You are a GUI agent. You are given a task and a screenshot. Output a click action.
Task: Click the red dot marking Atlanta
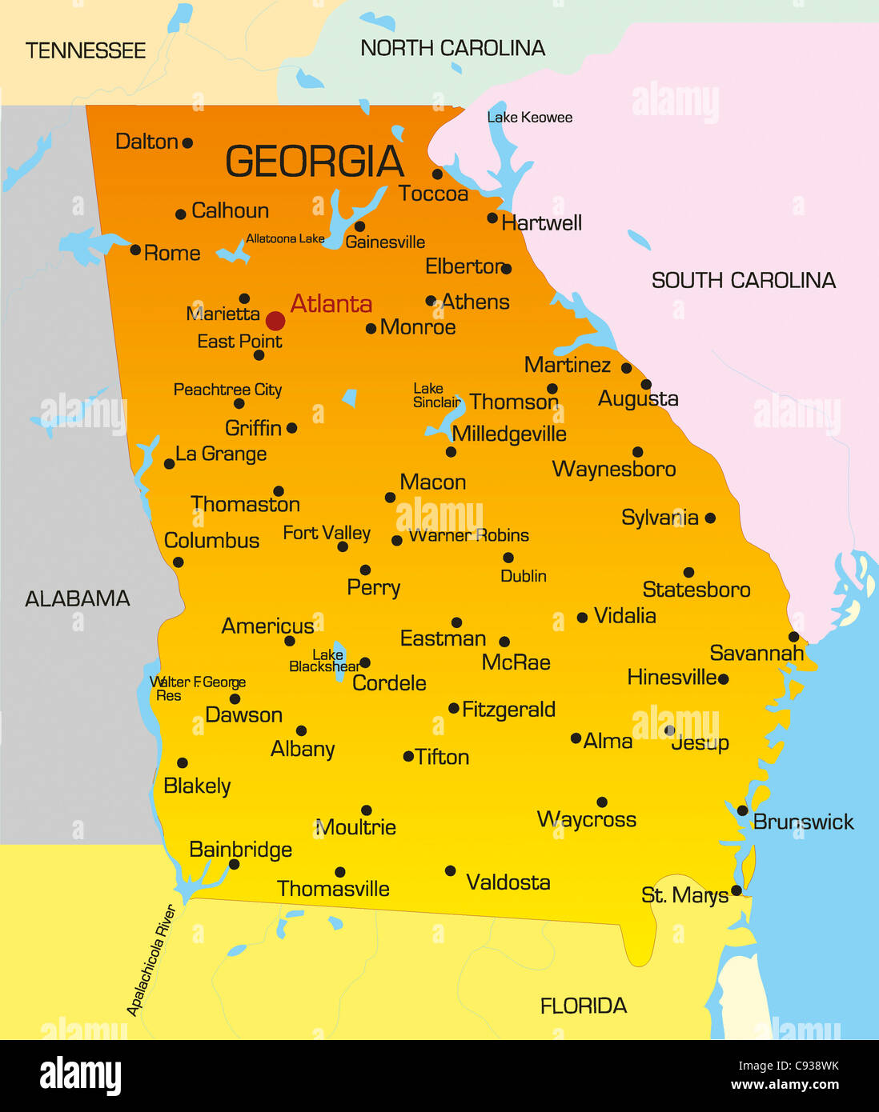(275, 321)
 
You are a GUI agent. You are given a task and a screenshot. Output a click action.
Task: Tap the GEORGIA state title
(315, 162)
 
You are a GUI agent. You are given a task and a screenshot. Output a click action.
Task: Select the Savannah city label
(757, 654)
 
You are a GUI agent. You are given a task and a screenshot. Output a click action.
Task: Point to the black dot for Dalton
(187, 143)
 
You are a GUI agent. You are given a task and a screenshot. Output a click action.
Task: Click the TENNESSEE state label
(86, 51)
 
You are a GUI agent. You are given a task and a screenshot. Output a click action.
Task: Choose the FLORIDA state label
(583, 1006)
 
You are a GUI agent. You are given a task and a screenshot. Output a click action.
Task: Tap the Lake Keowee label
(530, 118)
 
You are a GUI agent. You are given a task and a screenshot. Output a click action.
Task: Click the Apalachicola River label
(151, 961)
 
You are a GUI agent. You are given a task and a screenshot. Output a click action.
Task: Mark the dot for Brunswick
(742, 811)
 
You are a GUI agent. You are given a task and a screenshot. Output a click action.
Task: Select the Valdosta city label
(508, 882)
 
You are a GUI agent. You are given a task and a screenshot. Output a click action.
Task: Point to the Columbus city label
(211, 541)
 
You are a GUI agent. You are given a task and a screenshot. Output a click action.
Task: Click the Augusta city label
(638, 398)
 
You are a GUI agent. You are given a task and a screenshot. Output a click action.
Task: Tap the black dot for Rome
(135, 250)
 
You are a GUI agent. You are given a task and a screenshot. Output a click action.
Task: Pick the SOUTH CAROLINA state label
(743, 280)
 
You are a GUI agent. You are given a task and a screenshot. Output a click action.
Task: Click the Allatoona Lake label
(285, 238)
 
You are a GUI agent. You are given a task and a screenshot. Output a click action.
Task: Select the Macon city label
(432, 482)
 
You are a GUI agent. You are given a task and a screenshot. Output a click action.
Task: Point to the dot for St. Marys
(736, 890)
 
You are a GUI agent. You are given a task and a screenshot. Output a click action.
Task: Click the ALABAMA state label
(78, 598)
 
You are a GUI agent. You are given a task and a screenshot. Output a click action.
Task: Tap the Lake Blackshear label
(325, 661)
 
